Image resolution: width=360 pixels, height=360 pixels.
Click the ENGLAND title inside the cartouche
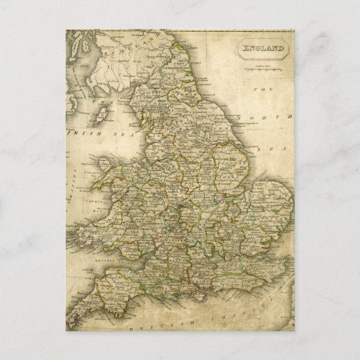click(262, 48)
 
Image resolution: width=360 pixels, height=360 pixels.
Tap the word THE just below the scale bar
click(257, 89)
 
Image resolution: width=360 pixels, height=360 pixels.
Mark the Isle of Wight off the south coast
click(203, 290)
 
